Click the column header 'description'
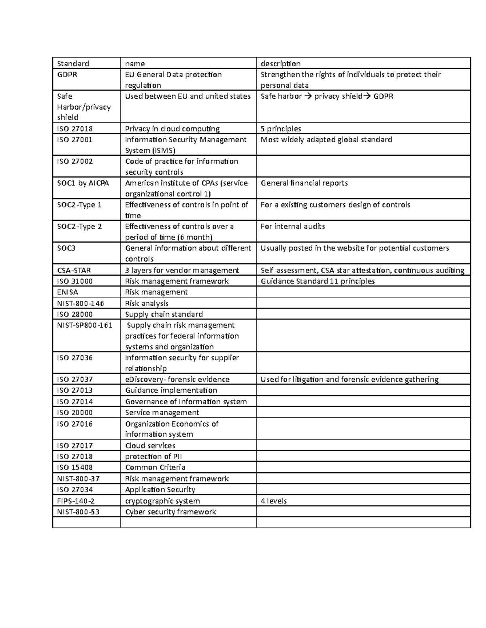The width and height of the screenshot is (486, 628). click(280, 63)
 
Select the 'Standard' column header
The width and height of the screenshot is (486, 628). click(73, 63)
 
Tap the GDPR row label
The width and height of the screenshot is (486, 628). click(67, 74)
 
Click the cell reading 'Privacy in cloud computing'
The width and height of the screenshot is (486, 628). click(172, 129)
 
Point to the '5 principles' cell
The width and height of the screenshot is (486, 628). click(281, 129)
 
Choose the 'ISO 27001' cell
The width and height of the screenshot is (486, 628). click(75, 140)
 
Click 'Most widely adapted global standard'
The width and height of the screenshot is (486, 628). click(326, 140)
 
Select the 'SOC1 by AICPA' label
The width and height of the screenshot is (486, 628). click(83, 183)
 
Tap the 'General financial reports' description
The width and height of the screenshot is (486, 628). click(304, 183)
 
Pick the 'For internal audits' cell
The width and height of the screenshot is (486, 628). click(293, 226)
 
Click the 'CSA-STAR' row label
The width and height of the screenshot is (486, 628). click(74, 270)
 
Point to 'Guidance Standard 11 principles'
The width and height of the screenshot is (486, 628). click(318, 281)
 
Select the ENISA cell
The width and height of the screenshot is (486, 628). click(68, 292)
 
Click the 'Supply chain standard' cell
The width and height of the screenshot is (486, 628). click(164, 314)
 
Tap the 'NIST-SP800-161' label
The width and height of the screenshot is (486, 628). click(85, 325)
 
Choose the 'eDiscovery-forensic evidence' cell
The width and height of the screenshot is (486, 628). click(177, 379)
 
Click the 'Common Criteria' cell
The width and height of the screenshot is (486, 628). click(155, 467)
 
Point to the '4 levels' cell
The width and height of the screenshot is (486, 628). click(273, 501)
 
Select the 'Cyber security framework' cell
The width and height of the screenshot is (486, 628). click(171, 512)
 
